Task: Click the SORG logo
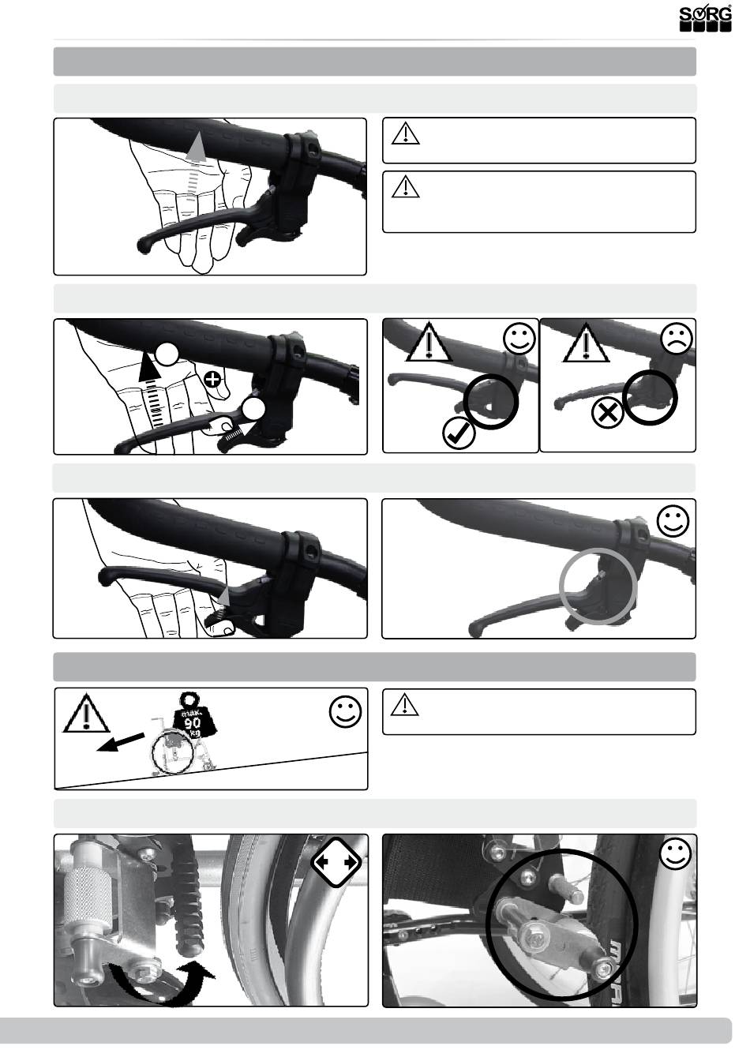point(706,18)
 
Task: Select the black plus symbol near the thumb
point(213,380)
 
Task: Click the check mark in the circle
point(459,433)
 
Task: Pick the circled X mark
point(608,414)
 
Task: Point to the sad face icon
point(676,338)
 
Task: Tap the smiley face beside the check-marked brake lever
point(519,338)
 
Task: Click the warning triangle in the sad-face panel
point(586,342)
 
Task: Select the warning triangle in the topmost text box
point(406,133)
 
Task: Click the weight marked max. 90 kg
point(192,717)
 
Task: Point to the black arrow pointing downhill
point(120,743)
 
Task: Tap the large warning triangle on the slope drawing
point(86,714)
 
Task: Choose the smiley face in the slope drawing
point(345,711)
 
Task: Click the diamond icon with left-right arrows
point(336,863)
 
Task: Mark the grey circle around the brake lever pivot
point(598,586)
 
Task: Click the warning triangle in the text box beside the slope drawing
point(405,704)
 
